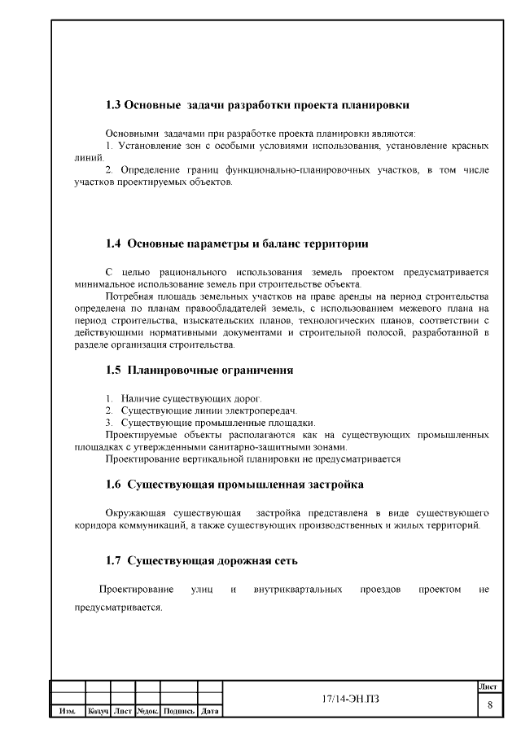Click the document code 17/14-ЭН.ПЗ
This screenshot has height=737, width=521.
351,700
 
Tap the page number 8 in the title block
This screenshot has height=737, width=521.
489,704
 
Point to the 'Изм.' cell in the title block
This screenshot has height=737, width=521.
68,712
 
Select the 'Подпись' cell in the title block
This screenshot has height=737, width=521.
178,712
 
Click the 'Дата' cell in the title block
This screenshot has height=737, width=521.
210,712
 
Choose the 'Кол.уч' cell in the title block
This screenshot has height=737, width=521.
99,712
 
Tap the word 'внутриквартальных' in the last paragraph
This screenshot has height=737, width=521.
298,588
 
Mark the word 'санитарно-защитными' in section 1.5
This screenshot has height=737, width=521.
281,446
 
